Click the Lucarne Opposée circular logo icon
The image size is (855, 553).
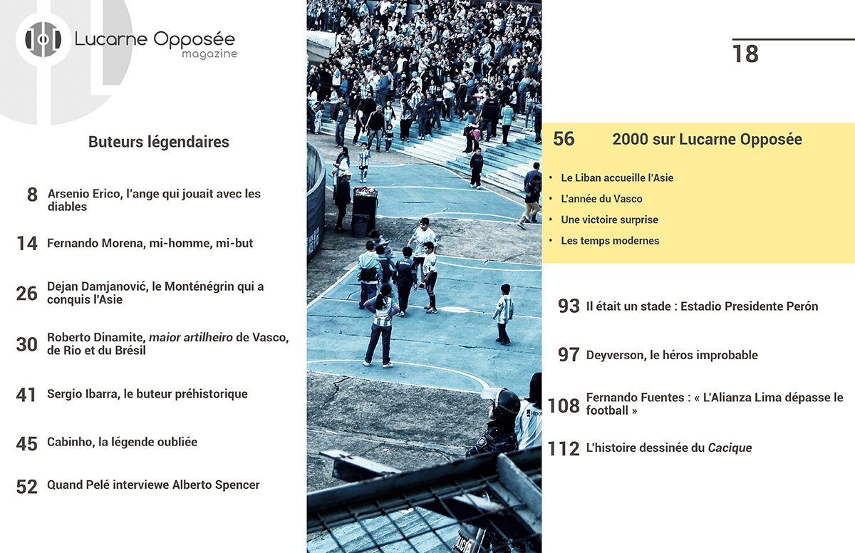(x=43, y=40)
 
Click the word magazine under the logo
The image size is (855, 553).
(x=209, y=54)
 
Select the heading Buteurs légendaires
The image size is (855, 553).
(x=159, y=142)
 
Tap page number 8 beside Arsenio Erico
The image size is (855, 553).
(x=32, y=195)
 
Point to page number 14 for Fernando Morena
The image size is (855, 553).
(x=27, y=244)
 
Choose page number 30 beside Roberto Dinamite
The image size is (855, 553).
(x=27, y=344)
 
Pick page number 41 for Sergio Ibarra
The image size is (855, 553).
(x=26, y=395)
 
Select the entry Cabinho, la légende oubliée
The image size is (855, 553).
(x=122, y=442)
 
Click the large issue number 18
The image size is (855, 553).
(x=745, y=54)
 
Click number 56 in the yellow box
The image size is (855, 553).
(x=564, y=139)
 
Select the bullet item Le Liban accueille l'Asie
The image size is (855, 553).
(x=617, y=177)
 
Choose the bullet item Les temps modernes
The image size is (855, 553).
(x=610, y=241)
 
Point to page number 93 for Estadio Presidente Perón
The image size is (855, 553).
(x=569, y=306)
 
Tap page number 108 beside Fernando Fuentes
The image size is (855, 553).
(x=564, y=405)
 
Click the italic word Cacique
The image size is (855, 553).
(x=730, y=448)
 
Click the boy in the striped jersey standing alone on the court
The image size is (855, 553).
(x=504, y=314)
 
